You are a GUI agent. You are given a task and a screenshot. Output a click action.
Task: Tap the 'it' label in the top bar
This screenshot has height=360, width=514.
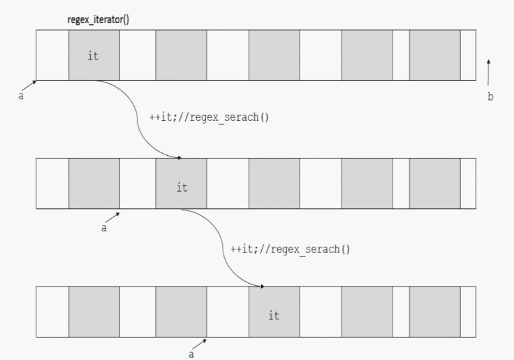point(93,56)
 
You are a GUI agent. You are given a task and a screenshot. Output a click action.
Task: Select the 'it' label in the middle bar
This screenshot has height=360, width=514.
point(182,187)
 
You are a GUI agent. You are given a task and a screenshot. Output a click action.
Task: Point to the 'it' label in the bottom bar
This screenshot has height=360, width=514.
point(273,316)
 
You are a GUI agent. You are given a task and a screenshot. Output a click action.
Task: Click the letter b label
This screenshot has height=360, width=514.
point(490,97)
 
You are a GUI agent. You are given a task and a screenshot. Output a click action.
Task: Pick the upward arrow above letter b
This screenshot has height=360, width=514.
point(489,73)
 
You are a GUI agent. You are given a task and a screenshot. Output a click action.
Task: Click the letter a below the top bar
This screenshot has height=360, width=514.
point(20,96)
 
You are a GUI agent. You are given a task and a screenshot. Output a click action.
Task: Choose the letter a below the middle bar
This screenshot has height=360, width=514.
point(104,229)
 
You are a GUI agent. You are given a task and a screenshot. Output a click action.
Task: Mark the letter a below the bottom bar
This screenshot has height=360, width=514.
point(191,354)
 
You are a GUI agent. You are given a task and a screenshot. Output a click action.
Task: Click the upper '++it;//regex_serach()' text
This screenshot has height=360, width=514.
point(210,117)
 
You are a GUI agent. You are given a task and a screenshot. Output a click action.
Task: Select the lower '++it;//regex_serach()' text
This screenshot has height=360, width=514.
point(290,249)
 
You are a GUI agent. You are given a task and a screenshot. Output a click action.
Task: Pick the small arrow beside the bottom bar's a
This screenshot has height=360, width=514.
point(200,343)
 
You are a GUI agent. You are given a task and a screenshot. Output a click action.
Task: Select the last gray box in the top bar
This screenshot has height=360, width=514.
point(434,55)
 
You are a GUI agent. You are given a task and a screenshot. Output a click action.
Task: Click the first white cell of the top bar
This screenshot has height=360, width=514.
point(52,55)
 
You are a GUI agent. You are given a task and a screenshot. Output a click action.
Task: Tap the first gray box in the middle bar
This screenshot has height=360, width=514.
point(94,184)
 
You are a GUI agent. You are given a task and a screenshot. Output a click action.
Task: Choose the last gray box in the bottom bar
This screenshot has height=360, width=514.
point(434,312)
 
